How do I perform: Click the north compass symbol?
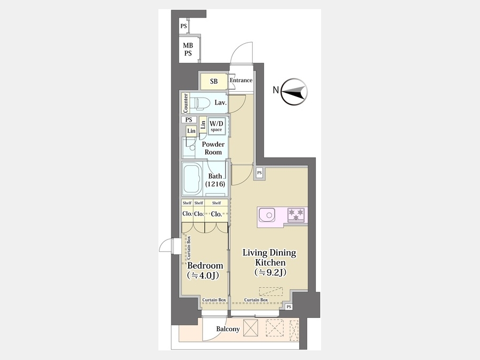294,92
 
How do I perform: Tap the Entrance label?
241,80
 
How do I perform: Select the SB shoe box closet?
214,81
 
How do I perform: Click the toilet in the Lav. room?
199,103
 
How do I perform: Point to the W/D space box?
217,126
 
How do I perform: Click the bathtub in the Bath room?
192,179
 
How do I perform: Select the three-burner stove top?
296,214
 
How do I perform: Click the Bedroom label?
205,266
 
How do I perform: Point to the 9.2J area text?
270,272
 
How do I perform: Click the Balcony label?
228,329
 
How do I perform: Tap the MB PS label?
188,49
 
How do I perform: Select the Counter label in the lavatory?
186,103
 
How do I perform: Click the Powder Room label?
213,148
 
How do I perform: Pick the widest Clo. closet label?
217,214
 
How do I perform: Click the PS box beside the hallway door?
259,173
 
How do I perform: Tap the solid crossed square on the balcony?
251,328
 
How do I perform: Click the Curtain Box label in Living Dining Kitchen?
256,300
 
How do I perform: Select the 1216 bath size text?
215,184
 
